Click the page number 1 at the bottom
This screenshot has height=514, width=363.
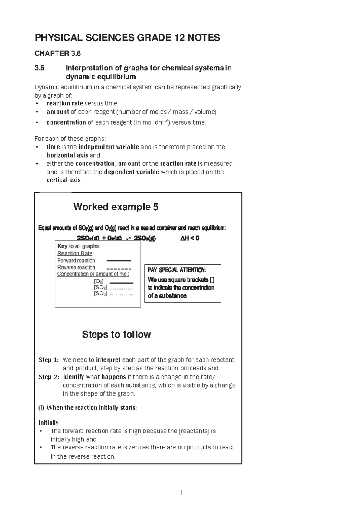pyautogui.click(x=181, y=492)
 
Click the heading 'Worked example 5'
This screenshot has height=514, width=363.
pyautogui.click(x=116, y=207)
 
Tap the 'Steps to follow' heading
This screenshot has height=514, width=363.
pyautogui.click(x=116, y=334)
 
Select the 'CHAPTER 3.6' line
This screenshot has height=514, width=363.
pyautogui.click(x=58, y=54)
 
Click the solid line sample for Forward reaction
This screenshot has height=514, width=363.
pyautogui.click(x=119, y=261)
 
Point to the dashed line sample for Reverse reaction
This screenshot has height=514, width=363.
pyautogui.click(x=119, y=269)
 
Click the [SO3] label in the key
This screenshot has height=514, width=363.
pyautogui.click(x=100, y=294)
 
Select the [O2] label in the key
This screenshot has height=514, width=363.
pyautogui.click(x=99, y=282)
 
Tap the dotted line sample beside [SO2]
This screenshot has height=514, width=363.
pyautogui.click(x=121, y=289)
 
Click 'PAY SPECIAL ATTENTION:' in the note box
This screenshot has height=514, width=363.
pyautogui.click(x=177, y=270)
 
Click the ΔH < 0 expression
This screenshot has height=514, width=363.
pyautogui.click(x=190, y=238)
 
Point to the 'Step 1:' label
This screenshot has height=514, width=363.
pyautogui.click(x=49, y=360)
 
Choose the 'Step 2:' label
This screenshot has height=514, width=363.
pyautogui.click(x=49, y=377)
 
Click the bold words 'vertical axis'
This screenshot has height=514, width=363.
pyautogui.click(x=64, y=180)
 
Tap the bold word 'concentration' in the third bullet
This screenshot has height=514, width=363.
pyautogui.click(x=66, y=122)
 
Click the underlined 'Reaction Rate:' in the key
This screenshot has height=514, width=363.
pyautogui.click(x=76, y=253)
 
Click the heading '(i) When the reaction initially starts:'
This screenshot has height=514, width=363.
pyautogui.click(x=88, y=408)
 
